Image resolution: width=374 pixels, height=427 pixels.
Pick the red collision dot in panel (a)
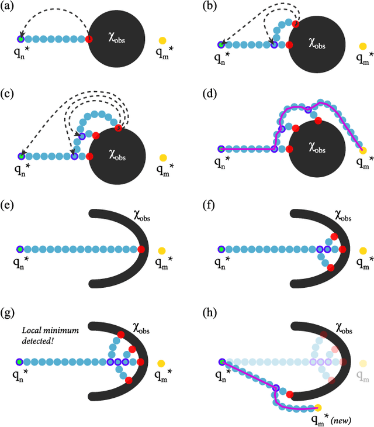pyautogui.click(x=89, y=39)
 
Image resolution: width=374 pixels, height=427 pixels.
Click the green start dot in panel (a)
pyautogui.click(x=21, y=39)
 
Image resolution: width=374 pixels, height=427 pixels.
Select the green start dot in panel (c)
pyautogui.click(x=21, y=156)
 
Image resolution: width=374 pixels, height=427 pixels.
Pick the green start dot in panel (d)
pyautogui.click(x=221, y=149)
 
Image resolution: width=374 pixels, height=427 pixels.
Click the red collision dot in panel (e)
pyautogui.click(x=141, y=249)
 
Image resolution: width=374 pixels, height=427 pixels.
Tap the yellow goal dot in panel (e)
pyautogui.click(x=162, y=250)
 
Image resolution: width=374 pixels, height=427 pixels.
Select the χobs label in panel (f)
pyautogui.click(x=342, y=216)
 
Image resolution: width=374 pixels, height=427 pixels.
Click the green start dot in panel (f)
pyautogui.click(x=221, y=249)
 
